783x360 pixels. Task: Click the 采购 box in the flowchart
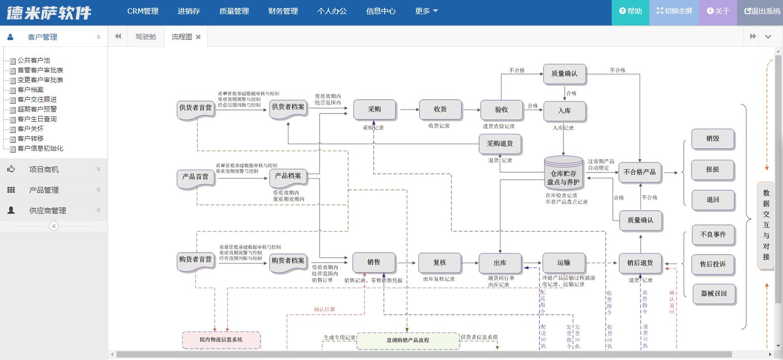pos(374,110)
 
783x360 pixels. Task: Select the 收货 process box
pos(440,110)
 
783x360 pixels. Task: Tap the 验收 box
pos(502,110)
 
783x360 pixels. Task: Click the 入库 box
pos(564,111)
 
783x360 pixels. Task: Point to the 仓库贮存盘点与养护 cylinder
pos(563,176)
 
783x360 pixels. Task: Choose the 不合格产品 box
pos(640,172)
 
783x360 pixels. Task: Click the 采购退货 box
pos(500,144)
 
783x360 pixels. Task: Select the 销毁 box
pos(713,139)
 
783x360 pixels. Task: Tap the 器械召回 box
pos(714,294)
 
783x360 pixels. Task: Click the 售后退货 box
pos(640,263)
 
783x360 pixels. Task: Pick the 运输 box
pos(563,263)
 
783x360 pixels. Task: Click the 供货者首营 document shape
pos(195,109)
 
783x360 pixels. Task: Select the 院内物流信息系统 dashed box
pos(221,340)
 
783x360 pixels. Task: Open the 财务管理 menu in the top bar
pos(283,11)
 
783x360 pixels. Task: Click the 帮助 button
pos(630,11)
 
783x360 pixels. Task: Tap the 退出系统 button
pos(762,11)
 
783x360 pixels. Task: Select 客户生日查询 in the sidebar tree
pos(37,119)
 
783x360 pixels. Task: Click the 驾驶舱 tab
pos(146,37)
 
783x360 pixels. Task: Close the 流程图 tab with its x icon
pos(198,37)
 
